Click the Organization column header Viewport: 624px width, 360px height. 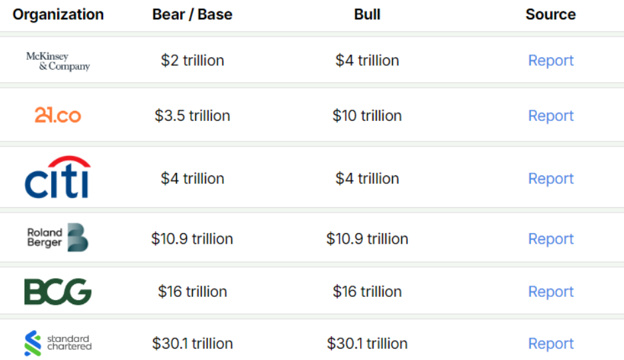[58, 15]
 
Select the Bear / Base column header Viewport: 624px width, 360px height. [192, 15]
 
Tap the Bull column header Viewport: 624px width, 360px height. [367, 15]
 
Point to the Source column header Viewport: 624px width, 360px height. [550, 15]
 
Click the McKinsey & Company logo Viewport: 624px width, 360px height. [58, 61]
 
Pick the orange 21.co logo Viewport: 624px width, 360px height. [58, 116]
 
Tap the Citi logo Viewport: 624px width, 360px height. [57, 177]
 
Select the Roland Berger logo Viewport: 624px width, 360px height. [58, 238]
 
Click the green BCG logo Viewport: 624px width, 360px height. [58, 292]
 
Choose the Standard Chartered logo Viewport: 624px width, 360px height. [58, 343]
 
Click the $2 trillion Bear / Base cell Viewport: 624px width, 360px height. [192, 60]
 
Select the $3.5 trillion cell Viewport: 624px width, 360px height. [192, 116]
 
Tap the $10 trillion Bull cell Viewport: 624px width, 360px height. [367, 116]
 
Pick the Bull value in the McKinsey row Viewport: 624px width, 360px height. [367, 60]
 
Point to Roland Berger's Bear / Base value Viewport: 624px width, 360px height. [192, 238]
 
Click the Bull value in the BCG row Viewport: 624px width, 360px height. [367, 292]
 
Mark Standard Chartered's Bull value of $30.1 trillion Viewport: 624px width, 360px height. [367, 343]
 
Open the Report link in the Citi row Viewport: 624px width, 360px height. [550, 179]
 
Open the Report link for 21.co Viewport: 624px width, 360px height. [550, 116]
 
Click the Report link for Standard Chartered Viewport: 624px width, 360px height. [550, 343]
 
